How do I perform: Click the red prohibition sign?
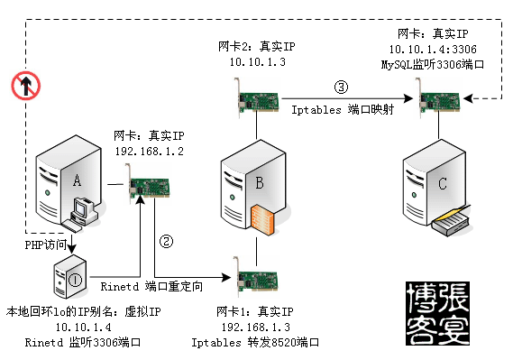point(26,86)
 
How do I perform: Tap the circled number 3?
point(341,87)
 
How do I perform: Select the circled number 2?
point(166,242)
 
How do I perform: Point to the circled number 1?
point(76,280)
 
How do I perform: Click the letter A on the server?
point(77,180)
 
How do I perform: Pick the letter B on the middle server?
point(260,182)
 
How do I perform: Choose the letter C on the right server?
point(443,183)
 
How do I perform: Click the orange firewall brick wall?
point(262,220)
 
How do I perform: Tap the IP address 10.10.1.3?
point(258,62)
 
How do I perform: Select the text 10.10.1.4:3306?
point(433,49)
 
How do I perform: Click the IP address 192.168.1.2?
point(149,152)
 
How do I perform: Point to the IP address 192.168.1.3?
point(255,327)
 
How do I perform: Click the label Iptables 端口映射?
point(343,110)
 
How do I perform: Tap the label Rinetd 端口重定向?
point(151,286)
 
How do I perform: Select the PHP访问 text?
point(46,245)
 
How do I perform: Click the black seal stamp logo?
point(438,313)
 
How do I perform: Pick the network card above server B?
point(257,98)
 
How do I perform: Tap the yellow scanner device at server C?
point(452,220)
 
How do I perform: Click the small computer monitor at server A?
point(80,208)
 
